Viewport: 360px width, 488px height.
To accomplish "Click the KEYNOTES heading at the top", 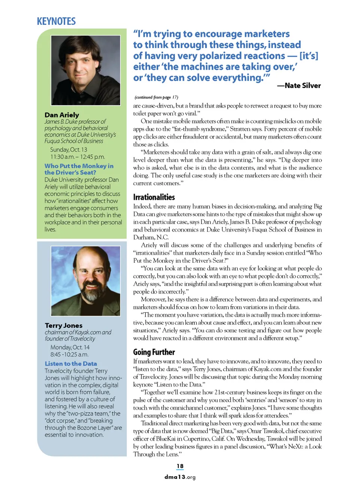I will [56, 21].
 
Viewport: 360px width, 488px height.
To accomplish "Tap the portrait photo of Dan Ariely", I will [85, 70].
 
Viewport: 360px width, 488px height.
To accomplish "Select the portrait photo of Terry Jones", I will [85, 281].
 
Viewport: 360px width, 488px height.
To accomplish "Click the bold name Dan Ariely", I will [62, 115].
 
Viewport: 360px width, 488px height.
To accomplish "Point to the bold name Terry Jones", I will [64, 325].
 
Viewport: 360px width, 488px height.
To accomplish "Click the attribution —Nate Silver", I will [299, 86].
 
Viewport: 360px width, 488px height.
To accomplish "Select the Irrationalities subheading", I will [154, 197].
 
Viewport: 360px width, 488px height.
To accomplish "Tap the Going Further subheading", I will [154, 352].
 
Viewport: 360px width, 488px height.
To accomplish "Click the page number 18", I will [180, 466].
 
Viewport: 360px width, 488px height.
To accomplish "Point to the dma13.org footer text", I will [180, 477].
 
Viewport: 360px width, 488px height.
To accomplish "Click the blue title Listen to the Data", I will [71, 363].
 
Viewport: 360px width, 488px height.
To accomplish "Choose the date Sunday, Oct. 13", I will [69, 149].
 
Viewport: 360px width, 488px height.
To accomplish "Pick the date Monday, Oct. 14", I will [70, 347].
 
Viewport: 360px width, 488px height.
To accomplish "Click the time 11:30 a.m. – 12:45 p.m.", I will [78, 157].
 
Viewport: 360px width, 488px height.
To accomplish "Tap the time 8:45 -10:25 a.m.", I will [69, 354].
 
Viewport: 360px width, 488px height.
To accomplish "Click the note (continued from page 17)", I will [156, 97].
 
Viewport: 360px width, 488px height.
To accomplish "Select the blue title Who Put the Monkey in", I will [79, 166].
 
